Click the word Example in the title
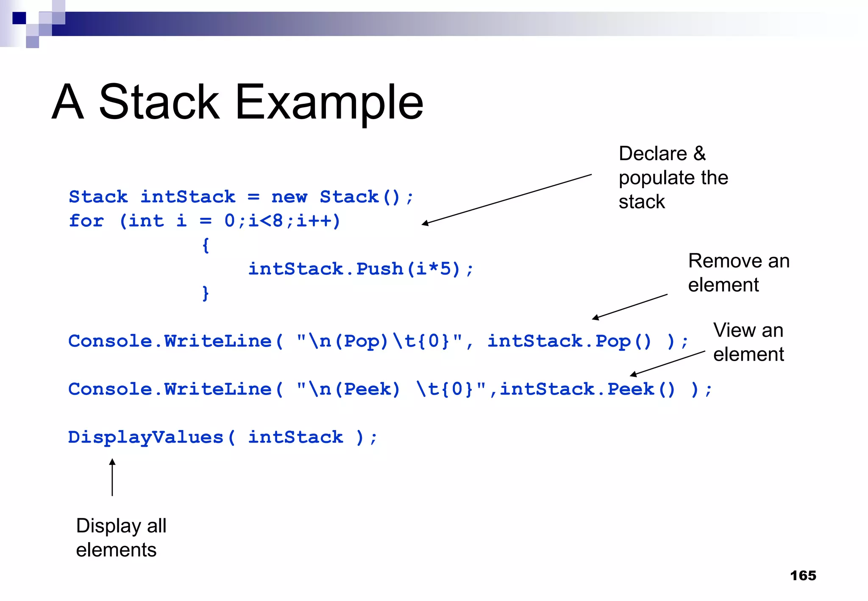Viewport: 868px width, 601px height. pyautogui.click(x=329, y=103)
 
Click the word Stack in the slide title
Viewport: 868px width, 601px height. pyautogui.click(x=159, y=102)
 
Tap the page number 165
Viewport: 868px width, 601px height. pyautogui.click(x=803, y=576)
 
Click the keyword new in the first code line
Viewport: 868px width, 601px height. pyautogui.click(x=289, y=197)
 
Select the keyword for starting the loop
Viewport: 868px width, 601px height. pyautogui.click(x=86, y=221)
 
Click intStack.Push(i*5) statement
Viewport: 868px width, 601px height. pyautogui.click(x=360, y=269)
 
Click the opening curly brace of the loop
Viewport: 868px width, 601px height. pyautogui.click(x=206, y=245)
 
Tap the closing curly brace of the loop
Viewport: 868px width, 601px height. pyautogui.click(x=206, y=293)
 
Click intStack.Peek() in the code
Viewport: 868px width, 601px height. pyautogui.click(x=587, y=389)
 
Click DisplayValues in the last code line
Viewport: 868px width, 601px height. pyautogui.click(x=145, y=437)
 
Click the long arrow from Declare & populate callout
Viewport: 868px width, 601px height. pyautogui.click(x=506, y=199)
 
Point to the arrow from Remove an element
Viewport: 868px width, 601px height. pyautogui.click(x=630, y=306)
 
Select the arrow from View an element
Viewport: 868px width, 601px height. pyautogui.click(x=668, y=363)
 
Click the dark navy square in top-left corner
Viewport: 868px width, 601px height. pyautogui.click(x=19, y=18)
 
